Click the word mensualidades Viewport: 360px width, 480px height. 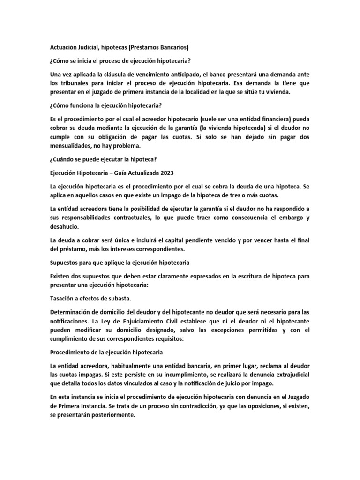(x=73, y=146)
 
